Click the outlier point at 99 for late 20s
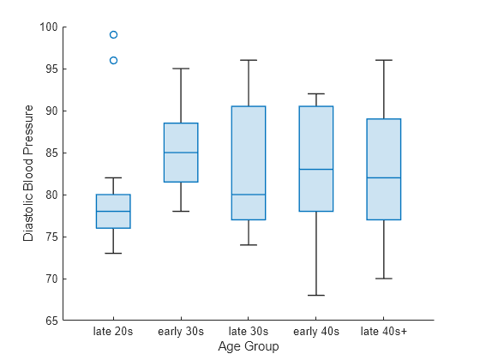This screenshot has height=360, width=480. click(x=113, y=35)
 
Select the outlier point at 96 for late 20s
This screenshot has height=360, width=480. click(x=113, y=60)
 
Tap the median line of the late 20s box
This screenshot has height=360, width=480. click(x=113, y=211)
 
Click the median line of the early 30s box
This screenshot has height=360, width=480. click(x=181, y=153)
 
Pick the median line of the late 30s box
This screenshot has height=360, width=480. click(x=249, y=195)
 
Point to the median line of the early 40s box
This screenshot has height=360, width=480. click(x=316, y=170)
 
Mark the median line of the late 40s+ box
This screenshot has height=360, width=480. click(x=384, y=177)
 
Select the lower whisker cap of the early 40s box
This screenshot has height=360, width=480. click(x=316, y=295)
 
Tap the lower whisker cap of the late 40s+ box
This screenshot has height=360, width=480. click(x=384, y=279)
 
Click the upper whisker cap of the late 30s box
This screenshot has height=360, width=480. click(x=249, y=60)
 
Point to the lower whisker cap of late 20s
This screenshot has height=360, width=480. click(x=113, y=253)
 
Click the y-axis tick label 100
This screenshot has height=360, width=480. click(x=48, y=27)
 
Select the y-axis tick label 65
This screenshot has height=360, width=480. click(x=51, y=321)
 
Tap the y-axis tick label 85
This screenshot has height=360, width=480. click(x=51, y=153)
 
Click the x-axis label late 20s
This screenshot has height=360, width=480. click(x=113, y=331)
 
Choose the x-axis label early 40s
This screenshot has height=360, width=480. click(x=316, y=331)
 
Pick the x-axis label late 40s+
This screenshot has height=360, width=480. click(x=384, y=331)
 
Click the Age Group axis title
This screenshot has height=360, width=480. click(x=249, y=346)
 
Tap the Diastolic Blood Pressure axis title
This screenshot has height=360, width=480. click(x=28, y=173)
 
